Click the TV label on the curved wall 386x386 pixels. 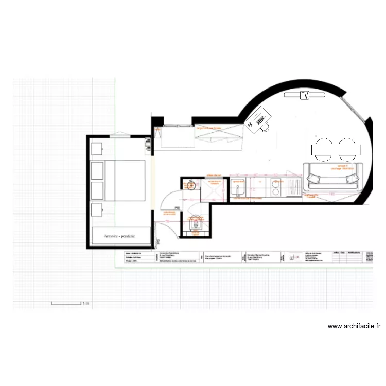[x=305, y=95]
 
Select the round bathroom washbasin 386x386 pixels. [x=191, y=185]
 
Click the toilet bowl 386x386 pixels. [x=195, y=223]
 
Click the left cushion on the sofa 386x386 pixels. [x=313, y=179]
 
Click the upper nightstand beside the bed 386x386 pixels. [x=97, y=149]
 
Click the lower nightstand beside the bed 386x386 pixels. [x=97, y=210]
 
